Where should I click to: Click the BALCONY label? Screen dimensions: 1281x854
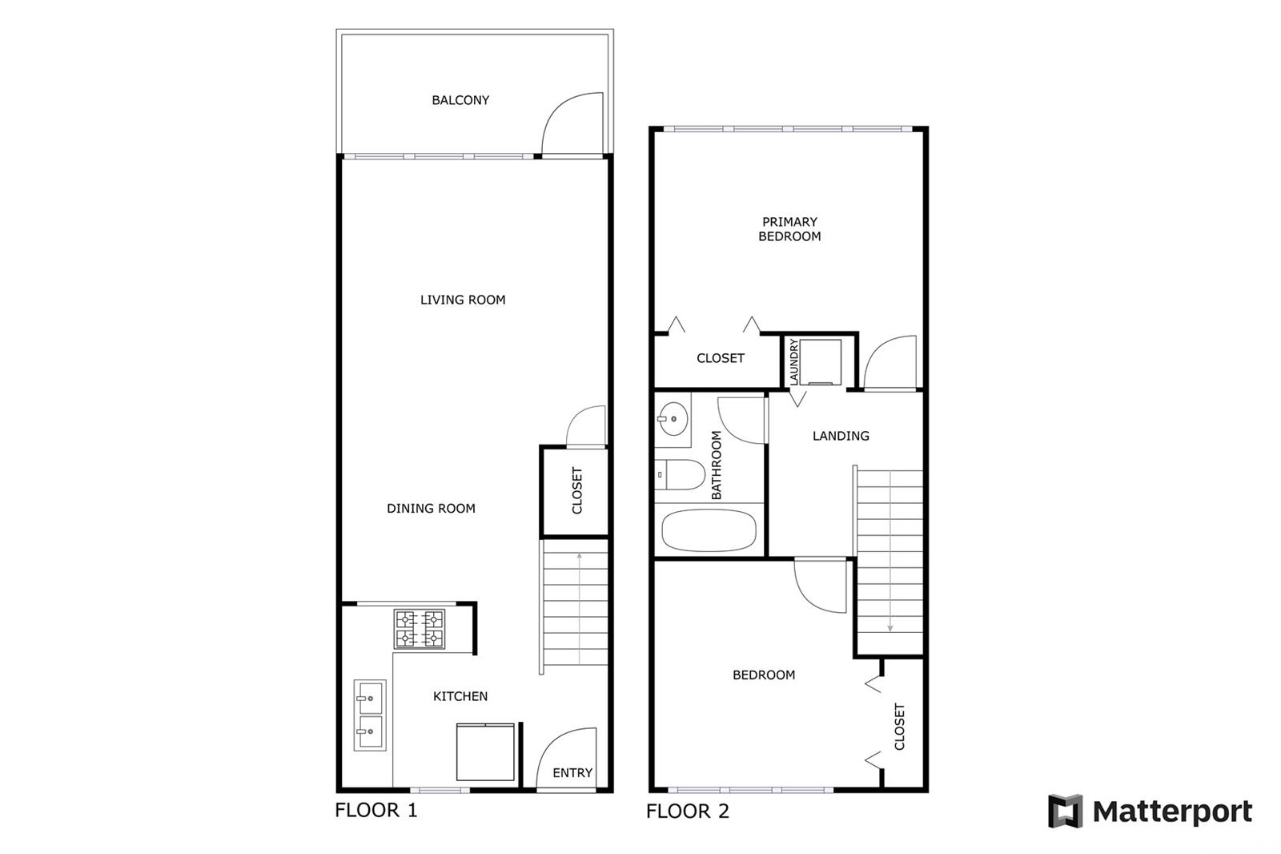tap(460, 100)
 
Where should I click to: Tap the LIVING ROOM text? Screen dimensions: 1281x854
tap(463, 300)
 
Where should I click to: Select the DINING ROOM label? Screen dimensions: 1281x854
tap(431, 508)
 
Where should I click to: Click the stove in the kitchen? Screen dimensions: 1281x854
tap(420, 629)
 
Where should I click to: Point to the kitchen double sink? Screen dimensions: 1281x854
tap(370, 715)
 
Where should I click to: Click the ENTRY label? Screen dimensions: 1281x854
tap(572, 773)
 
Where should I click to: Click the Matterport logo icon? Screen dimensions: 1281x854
tap(1065, 811)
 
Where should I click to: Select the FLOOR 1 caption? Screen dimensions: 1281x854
tap(375, 811)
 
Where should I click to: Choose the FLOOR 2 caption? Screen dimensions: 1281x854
tap(688, 812)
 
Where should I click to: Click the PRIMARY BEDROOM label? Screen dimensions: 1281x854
tap(789, 229)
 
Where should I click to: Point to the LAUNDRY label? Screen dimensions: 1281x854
tap(793, 361)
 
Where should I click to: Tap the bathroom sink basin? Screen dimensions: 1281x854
tap(673, 419)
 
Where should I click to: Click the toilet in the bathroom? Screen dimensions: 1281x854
tap(680, 474)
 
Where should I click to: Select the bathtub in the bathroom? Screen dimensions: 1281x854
tap(709, 530)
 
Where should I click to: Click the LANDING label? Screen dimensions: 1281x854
tap(841, 436)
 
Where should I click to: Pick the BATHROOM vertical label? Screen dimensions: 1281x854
tap(716, 465)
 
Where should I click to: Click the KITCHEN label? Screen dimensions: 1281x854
tap(460, 697)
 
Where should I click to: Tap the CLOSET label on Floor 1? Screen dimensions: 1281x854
tap(577, 490)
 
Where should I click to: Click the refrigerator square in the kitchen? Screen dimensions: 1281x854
tap(485, 752)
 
